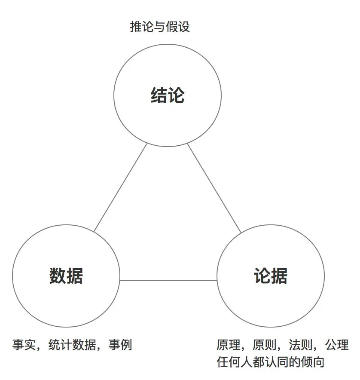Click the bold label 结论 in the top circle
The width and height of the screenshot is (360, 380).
[168, 95]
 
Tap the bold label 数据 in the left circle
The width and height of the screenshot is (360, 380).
[66, 276]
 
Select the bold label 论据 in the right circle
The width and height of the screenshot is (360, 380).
[271, 276]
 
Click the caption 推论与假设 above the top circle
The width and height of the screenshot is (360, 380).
[160, 27]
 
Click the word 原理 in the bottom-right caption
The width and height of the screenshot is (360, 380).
[228, 345]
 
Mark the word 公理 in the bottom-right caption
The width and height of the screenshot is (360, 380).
[337, 345]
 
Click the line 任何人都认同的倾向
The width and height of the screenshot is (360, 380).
[270, 362]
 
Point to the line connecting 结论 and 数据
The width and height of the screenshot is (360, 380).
[120, 187]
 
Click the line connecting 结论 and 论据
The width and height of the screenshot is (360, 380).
[214, 187]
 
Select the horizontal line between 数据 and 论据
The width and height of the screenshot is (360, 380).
[168, 281]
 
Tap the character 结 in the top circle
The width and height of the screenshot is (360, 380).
[159, 95]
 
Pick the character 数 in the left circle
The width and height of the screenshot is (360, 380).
[58, 276]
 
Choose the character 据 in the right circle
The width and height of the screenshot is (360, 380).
[279, 276]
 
